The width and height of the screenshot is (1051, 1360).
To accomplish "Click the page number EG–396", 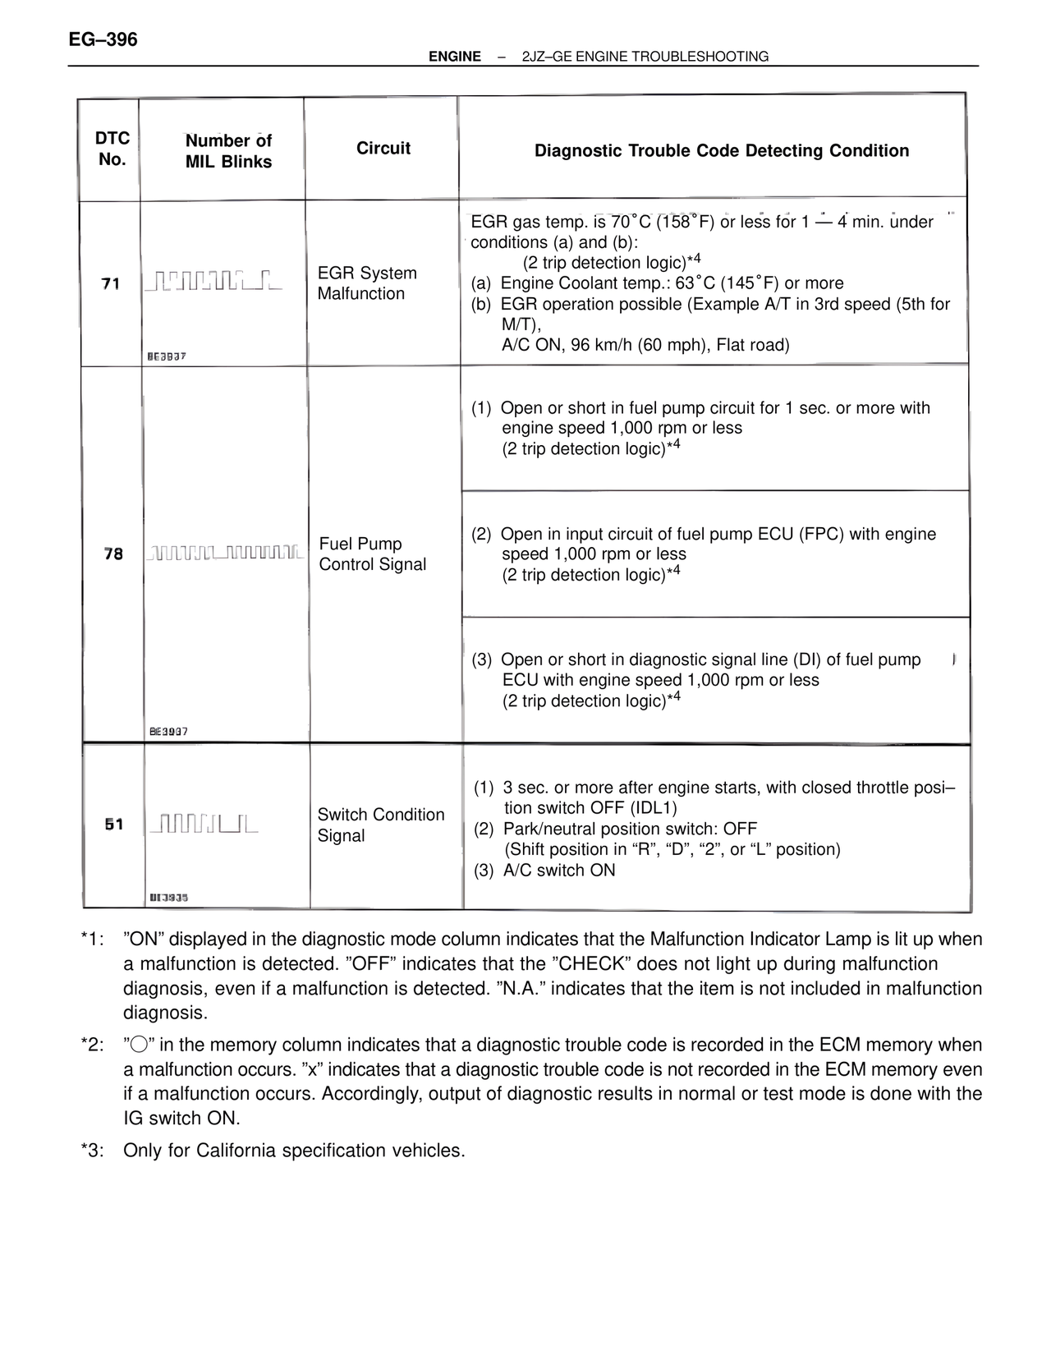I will click(x=103, y=39).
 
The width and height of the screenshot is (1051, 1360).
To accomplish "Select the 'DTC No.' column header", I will click(x=112, y=149).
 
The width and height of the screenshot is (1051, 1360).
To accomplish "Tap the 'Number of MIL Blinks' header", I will click(x=228, y=151).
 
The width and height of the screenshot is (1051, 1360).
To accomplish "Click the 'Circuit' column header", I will click(x=383, y=149).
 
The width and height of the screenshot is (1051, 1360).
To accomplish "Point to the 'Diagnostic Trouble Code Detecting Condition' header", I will click(x=722, y=151).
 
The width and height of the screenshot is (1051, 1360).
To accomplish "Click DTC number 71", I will click(x=111, y=284).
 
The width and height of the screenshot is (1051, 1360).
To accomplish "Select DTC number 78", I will click(x=113, y=554).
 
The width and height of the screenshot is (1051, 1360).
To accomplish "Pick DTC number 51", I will click(x=114, y=825).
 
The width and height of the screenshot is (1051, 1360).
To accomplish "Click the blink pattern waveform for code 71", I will click(x=212, y=281).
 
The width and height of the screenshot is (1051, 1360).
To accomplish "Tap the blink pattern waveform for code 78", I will click(x=223, y=554).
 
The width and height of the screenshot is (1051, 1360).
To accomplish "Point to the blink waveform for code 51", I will click(x=202, y=823).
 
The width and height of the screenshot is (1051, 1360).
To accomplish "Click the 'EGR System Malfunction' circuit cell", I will click(x=367, y=283).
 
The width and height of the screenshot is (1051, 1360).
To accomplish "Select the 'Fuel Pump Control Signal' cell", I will click(x=373, y=554).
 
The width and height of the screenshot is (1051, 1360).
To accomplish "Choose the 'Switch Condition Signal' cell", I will click(x=381, y=825).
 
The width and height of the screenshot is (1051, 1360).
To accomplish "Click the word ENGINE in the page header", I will click(x=455, y=57).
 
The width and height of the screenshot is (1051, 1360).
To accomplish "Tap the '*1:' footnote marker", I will click(x=93, y=940).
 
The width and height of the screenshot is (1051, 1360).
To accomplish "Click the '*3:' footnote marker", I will click(x=93, y=1151).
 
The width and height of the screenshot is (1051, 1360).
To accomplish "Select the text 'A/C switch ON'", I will click(x=558, y=871).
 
